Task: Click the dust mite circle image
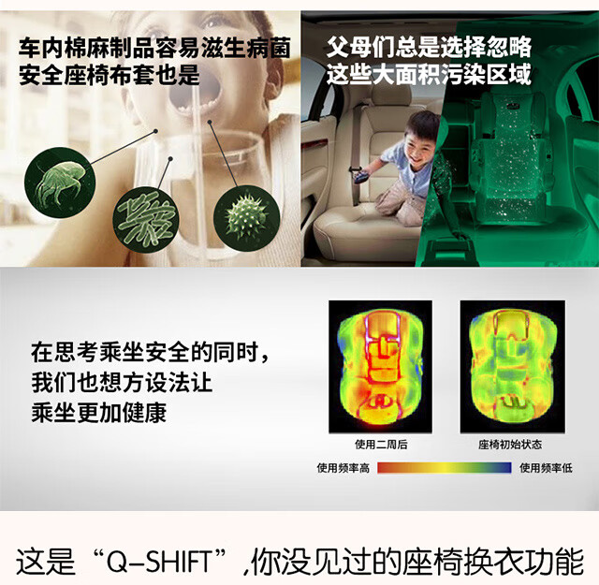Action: click(x=60, y=183)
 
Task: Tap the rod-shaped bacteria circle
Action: click(x=146, y=219)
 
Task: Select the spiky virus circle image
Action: click(x=246, y=218)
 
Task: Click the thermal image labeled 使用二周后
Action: click(x=381, y=366)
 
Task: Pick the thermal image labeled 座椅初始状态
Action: click(x=512, y=366)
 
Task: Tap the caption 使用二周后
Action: click(x=381, y=445)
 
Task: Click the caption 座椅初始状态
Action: click(x=510, y=445)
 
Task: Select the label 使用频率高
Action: click(x=343, y=468)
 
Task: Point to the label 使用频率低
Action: click(x=546, y=468)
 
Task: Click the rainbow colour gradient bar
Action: click(x=445, y=468)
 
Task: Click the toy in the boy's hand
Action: click(x=362, y=177)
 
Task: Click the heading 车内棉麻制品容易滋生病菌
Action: click(x=154, y=48)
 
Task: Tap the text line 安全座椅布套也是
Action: click(x=110, y=75)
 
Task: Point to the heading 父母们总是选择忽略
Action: click(x=429, y=47)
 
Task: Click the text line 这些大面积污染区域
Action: click(x=429, y=74)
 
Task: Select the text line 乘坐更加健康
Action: click(x=99, y=413)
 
